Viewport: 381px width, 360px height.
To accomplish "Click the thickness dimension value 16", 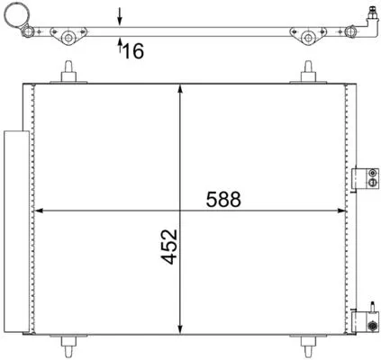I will click(x=133, y=52).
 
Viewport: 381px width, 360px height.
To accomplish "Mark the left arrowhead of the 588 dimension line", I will click(x=38, y=211).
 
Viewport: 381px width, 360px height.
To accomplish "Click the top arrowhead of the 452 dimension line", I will click(x=184, y=87).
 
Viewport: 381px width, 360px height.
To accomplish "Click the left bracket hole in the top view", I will click(x=67, y=37).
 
